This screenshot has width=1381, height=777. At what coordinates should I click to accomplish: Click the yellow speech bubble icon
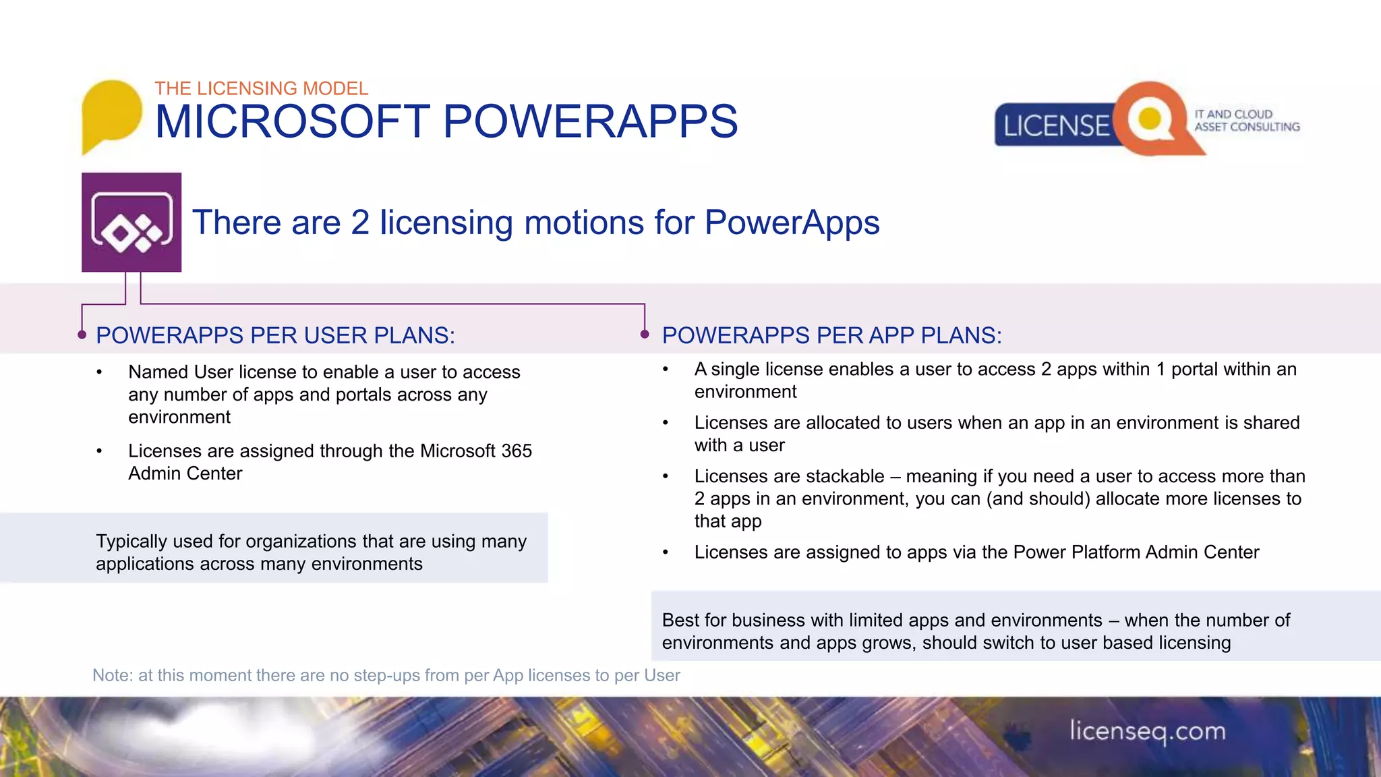click(111, 113)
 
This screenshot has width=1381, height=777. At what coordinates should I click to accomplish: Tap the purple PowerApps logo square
click(131, 223)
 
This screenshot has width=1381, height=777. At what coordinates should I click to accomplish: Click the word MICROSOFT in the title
click(292, 122)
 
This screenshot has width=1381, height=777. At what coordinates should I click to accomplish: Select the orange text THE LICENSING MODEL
click(261, 88)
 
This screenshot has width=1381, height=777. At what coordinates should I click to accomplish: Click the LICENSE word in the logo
click(1055, 126)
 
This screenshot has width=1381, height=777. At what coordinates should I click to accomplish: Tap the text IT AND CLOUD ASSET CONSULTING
click(1246, 121)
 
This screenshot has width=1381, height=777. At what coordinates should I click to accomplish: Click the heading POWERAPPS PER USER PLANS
click(275, 335)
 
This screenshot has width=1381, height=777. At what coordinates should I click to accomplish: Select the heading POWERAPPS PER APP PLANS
click(831, 335)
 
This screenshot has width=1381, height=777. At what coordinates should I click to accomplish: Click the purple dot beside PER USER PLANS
click(82, 335)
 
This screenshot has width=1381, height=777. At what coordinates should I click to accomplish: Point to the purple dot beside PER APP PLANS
click(645, 335)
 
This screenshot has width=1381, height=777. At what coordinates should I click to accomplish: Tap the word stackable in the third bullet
click(845, 476)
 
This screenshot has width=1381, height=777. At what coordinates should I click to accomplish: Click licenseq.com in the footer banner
click(1147, 731)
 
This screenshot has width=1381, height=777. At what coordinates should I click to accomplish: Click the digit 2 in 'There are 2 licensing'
click(360, 223)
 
